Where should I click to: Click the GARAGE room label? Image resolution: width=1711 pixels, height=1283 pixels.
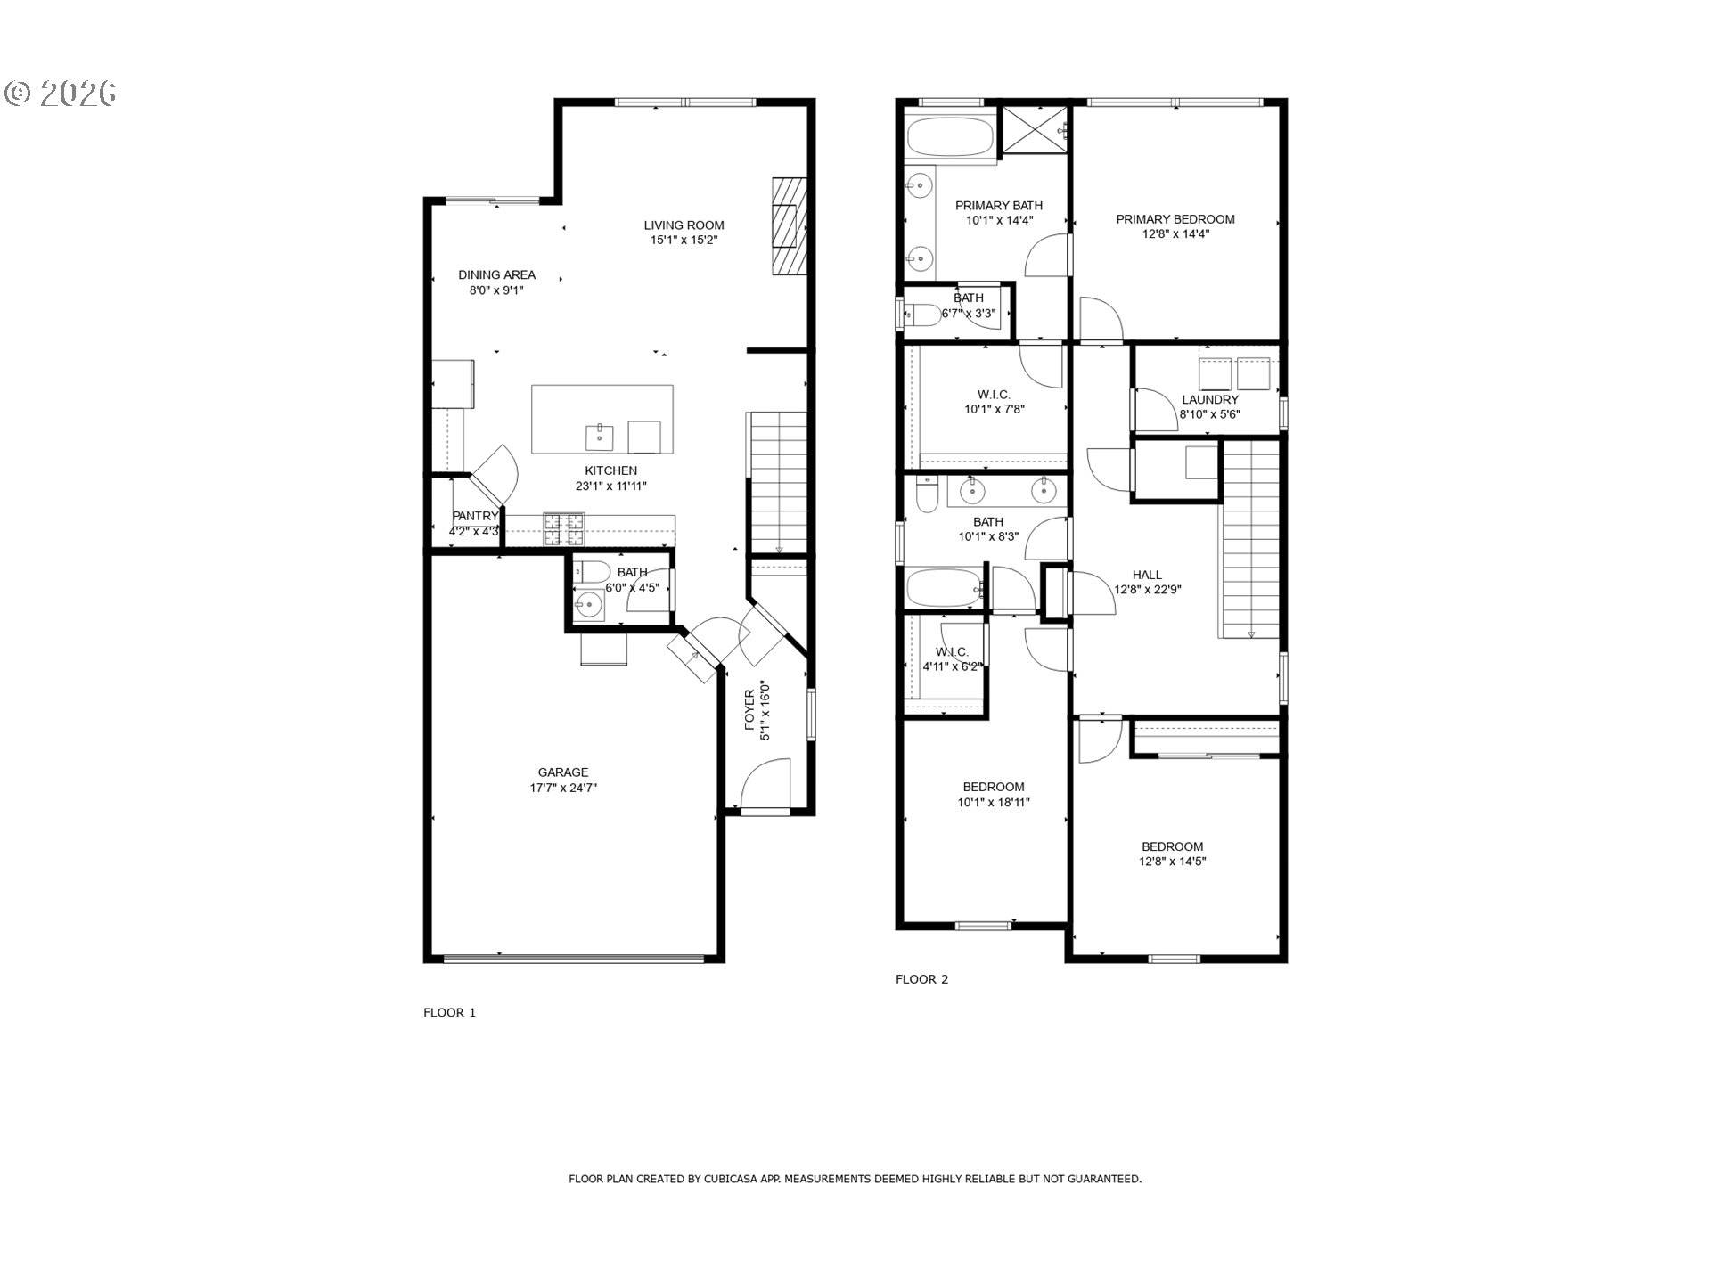click(562, 772)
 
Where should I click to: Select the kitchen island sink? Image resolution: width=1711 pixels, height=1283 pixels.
click(599, 437)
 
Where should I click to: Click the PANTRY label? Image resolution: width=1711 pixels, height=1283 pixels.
click(475, 516)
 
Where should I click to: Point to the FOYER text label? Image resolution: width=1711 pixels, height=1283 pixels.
click(749, 710)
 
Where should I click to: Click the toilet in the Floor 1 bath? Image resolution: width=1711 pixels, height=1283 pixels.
click(592, 572)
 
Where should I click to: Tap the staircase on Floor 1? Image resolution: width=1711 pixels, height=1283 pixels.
click(779, 481)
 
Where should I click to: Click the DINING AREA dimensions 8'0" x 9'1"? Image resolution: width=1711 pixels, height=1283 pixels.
click(496, 290)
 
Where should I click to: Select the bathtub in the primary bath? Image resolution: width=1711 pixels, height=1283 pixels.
click(950, 138)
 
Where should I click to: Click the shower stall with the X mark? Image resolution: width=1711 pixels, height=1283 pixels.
click(1036, 130)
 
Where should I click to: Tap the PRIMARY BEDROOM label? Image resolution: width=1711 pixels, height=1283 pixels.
click(1175, 219)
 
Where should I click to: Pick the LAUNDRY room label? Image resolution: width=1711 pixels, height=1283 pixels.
click(1209, 400)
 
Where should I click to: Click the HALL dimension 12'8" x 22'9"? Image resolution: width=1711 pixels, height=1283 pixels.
click(1148, 589)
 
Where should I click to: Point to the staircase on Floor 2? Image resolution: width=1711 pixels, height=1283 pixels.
click(1250, 543)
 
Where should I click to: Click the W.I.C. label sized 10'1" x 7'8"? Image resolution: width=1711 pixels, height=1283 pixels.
click(994, 395)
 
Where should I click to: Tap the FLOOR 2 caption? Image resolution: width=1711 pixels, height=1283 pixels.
click(921, 979)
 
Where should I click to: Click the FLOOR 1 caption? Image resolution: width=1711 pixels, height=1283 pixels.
click(449, 1012)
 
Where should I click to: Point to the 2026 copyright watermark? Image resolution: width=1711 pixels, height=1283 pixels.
click(61, 94)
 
